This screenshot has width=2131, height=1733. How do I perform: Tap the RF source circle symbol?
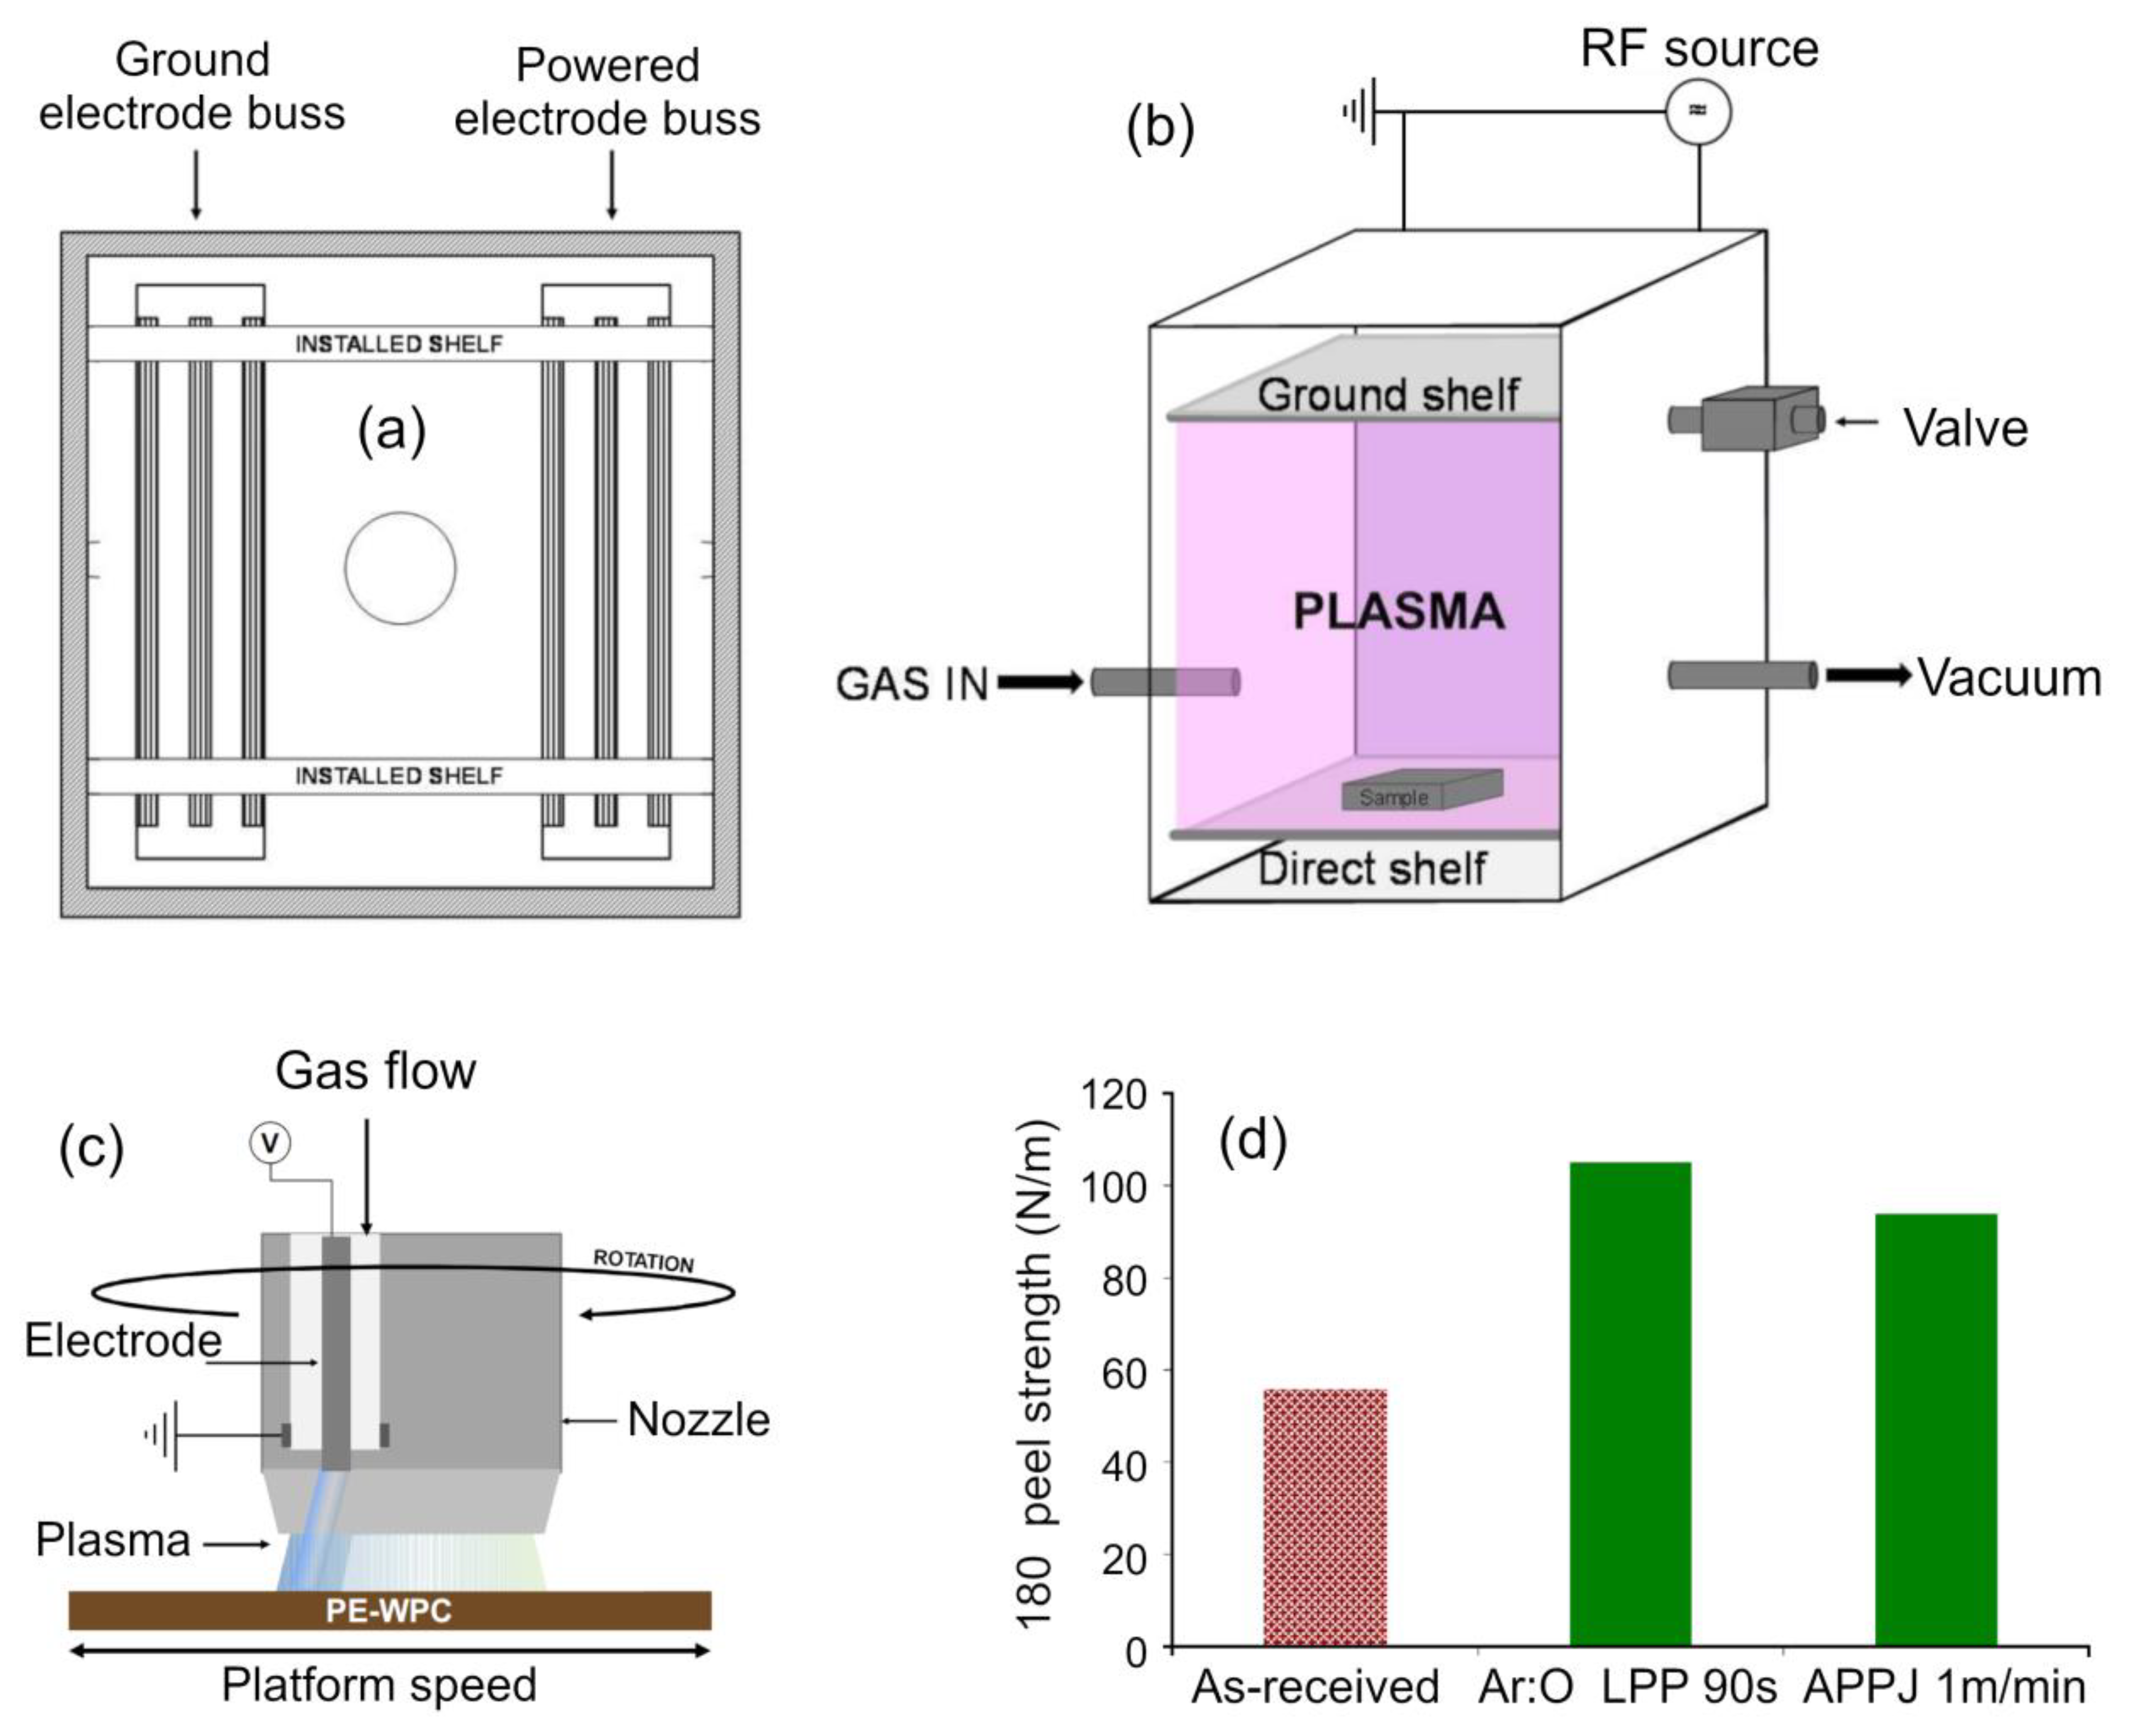[1698, 111]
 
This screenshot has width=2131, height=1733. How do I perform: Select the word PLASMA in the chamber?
[1398, 611]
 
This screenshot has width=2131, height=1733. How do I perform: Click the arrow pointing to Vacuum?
[1867, 676]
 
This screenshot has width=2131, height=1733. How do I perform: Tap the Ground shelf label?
[1388, 395]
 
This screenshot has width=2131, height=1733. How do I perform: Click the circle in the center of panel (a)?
[400, 568]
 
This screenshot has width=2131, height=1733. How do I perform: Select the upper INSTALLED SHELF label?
[399, 343]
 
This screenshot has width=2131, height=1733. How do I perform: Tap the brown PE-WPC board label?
[389, 1610]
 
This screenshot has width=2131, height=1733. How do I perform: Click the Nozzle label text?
[698, 1420]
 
